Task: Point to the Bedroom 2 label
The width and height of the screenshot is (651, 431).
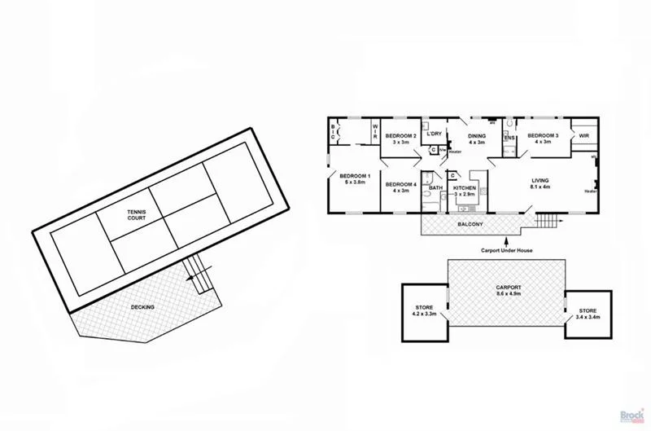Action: click(400, 139)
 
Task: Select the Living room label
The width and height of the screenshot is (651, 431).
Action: click(541, 183)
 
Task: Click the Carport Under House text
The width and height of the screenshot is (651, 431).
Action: click(506, 250)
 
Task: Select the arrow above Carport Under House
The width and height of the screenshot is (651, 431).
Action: click(506, 240)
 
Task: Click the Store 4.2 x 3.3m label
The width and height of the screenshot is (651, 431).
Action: click(425, 310)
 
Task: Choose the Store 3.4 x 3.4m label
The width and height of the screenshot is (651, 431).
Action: click(588, 314)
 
